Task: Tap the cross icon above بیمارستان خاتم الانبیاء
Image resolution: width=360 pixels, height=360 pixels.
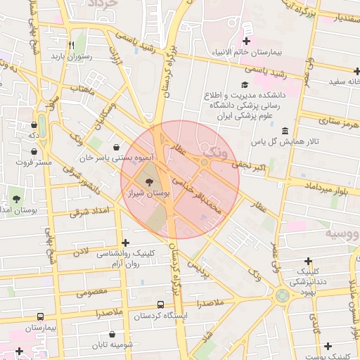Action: pyautogui.click(x=246, y=27)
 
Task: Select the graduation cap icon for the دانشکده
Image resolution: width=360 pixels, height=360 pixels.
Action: pyautogui.click(x=252, y=85)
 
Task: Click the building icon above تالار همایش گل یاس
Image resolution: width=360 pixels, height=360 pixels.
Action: pyautogui.click(x=284, y=131)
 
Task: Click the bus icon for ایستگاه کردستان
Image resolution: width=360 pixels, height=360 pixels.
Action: pyautogui.click(x=161, y=305)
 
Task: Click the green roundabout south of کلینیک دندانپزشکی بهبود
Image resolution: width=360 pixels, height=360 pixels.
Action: pyautogui.click(x=283, y=297)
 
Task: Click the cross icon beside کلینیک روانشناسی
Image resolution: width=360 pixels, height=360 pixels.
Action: pyautogui.click(x=126, y=242)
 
